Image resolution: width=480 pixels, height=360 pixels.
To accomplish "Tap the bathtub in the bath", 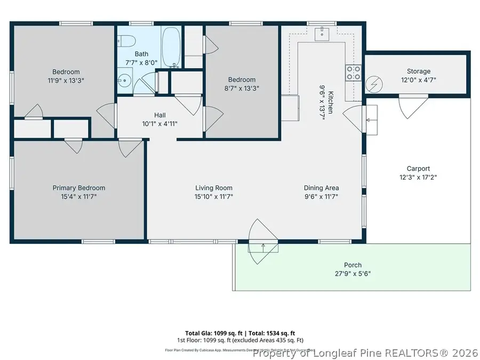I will (171, 47).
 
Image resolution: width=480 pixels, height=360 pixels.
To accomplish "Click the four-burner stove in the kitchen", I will (353, 73).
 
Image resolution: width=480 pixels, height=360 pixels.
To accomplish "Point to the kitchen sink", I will (322, 34).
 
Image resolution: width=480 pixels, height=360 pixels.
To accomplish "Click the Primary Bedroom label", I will (78, 188).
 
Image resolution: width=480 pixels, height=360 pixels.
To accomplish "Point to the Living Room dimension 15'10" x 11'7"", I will (214, 196).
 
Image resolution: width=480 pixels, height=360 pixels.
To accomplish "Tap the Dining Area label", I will (321, 188).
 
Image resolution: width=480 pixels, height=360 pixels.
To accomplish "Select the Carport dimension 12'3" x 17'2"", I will (418, 177).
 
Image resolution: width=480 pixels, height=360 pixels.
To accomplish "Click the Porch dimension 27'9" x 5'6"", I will (353, 274).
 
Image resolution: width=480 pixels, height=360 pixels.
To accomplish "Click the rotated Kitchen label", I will (331, 102).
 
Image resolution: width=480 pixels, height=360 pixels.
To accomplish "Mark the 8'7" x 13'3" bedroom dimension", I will (243, 89).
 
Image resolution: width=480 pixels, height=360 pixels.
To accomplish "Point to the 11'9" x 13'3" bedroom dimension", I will (66, 81).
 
